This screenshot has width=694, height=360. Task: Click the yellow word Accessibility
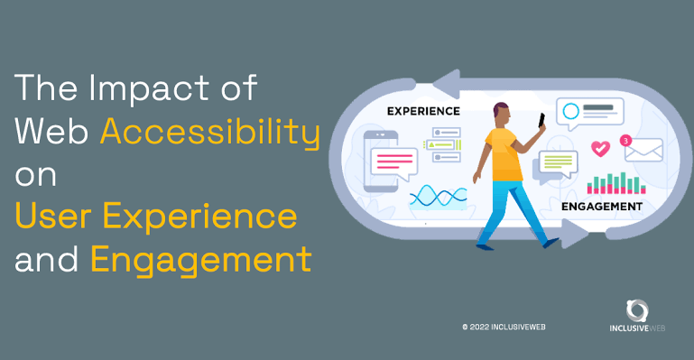[209, 132]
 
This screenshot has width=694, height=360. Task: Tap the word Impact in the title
[149, 89]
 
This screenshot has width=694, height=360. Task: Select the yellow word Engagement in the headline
[201, 261]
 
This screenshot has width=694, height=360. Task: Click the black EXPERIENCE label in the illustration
[423, 111]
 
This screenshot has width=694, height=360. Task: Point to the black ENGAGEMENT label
[601, 207]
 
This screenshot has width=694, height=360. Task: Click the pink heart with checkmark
[600, 148]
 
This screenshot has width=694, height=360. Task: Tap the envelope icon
[643, 151]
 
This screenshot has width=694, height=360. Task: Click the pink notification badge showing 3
[625, 141]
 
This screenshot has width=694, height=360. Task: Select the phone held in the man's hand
[541, 120]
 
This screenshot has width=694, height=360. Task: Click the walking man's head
[502, 113]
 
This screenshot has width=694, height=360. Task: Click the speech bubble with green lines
[558, 163]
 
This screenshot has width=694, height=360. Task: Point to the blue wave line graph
[439, 197]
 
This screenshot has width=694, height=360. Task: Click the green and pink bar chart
[616, 183]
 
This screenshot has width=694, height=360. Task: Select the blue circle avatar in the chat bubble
[571, 112]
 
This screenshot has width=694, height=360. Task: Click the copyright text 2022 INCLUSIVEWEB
[504, 328]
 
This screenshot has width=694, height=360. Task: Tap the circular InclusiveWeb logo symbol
[637, 310]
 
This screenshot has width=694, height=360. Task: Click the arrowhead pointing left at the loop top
[446, 84]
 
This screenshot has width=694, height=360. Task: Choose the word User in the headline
[53, 217]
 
